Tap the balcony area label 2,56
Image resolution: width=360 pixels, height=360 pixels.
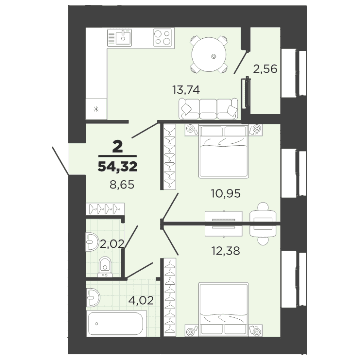click(x=265, y=69)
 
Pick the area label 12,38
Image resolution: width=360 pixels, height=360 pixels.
click(x=225, y=251)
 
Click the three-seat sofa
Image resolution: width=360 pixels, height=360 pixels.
click(x=209, y=107)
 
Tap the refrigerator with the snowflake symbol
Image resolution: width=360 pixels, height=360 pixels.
click(x=95, y=108)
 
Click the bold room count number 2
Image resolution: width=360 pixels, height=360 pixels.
click(x=118, y=147)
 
